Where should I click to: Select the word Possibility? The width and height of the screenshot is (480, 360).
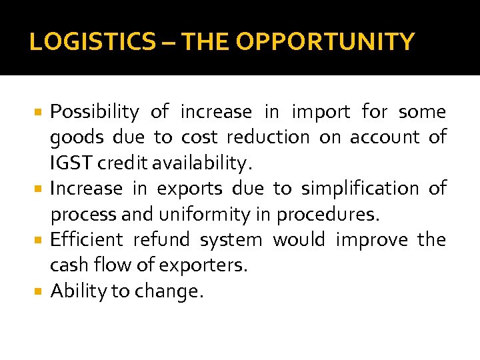95,112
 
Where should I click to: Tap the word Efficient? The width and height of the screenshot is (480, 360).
87,239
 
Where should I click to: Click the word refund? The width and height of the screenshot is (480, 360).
163,239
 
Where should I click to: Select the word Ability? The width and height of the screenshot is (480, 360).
74,291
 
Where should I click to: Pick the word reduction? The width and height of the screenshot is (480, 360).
268,137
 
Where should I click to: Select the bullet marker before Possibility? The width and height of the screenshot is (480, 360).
39,111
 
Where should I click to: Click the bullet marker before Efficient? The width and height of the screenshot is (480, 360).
39,239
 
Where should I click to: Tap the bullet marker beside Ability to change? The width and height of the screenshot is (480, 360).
39,291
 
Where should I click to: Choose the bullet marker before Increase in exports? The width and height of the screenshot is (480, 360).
39,188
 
